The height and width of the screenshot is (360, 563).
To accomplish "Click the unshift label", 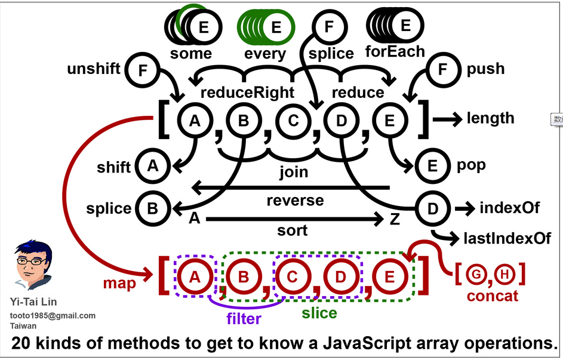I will coord(94,69).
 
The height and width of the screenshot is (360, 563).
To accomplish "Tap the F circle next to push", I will coord(442,69).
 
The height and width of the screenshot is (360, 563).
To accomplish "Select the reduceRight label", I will coord(247,93).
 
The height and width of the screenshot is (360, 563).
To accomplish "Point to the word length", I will coord(491,118).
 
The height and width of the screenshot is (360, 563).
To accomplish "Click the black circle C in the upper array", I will coord(293,121).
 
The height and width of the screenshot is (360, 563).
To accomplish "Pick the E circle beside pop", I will coord(432,165).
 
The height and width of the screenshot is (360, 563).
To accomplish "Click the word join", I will coord(294,172).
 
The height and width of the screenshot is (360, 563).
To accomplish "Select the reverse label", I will coord(295,200).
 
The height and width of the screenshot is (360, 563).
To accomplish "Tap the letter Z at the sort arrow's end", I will coord(395,219).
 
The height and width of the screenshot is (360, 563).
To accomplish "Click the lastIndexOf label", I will coord(507,239).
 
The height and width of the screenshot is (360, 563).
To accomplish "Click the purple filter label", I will coord(244,319).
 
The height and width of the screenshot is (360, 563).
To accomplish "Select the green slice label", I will coord(319,313).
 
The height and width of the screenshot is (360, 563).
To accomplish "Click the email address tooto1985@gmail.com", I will coord(53,315).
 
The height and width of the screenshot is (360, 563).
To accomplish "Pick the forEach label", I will coord(395,51).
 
